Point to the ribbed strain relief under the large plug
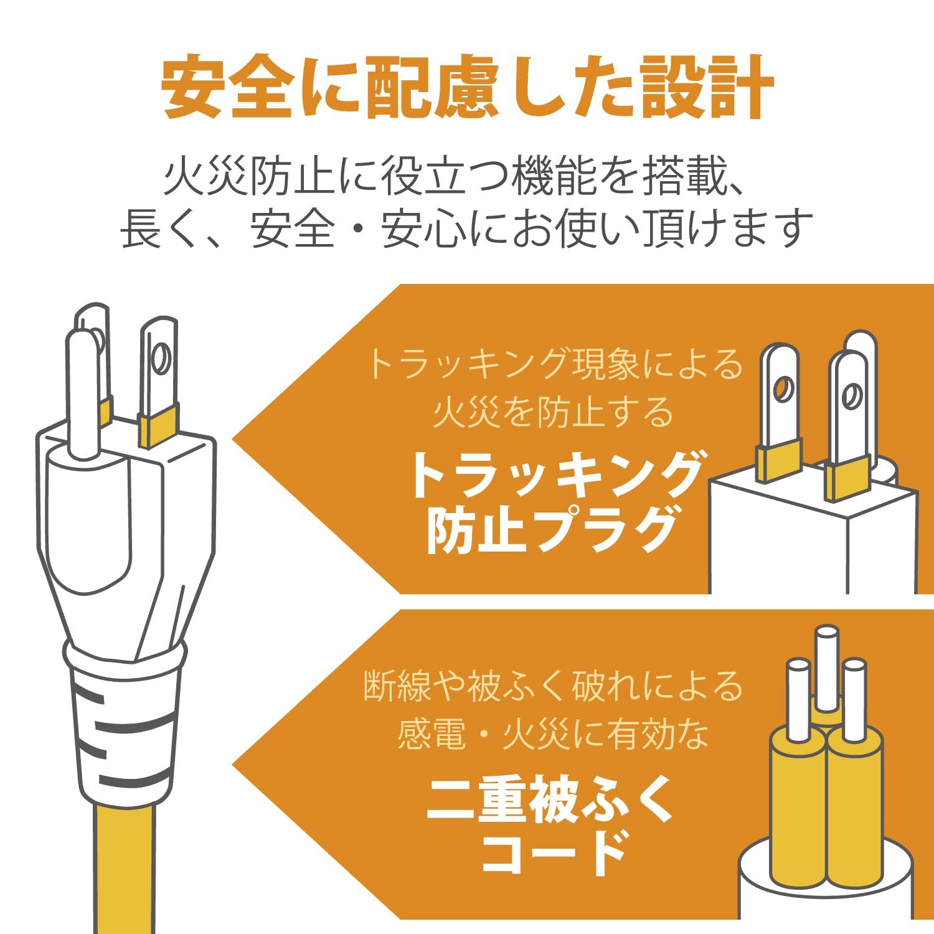click(125, 722)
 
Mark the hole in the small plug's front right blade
click(851, 396)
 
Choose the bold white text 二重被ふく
click(551, 799)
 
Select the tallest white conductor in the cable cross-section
click(826, 666)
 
